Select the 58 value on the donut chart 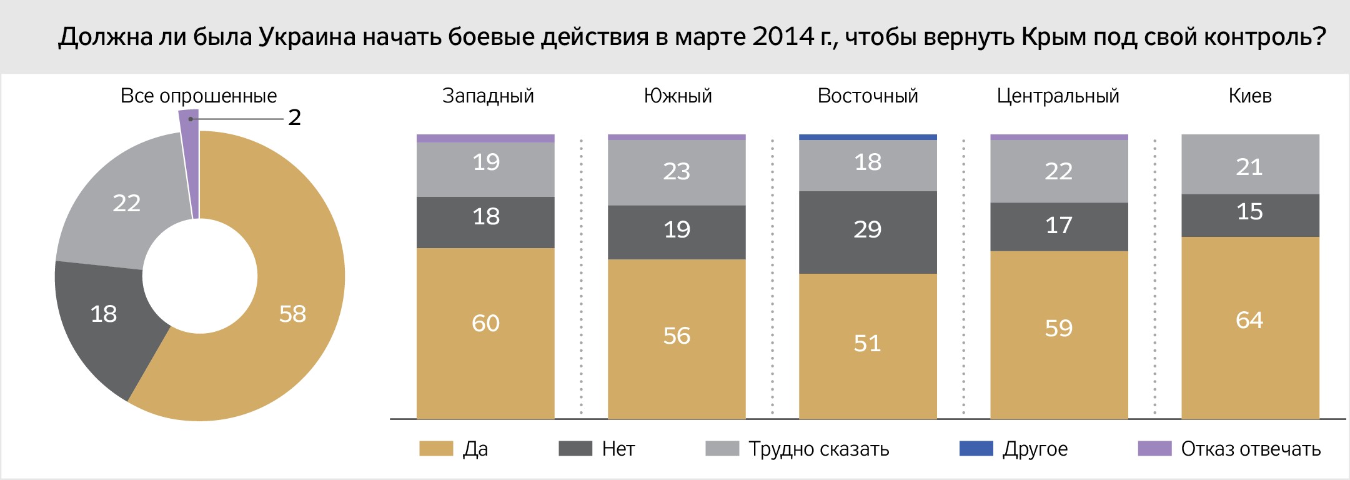coord(292,314)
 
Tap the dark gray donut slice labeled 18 coord(104,314)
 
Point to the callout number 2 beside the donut coord(294,117)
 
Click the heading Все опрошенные coord(199,96)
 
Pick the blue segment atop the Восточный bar coord(868,137)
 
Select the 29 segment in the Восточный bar coord(868,230)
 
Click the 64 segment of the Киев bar coord(1249,321)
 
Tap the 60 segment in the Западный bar coord(485,324)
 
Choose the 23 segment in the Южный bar coord(677,171)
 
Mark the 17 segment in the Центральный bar coord(1059,226)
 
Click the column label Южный coord(678,96)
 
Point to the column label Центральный coord(1058,96)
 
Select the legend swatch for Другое coord(976,449)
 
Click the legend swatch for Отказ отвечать coord(1154,449)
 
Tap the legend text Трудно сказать coord(818,449)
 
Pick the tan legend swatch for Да coord(436,449)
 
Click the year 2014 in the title coord(783,37)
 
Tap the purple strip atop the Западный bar coord(485,138)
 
